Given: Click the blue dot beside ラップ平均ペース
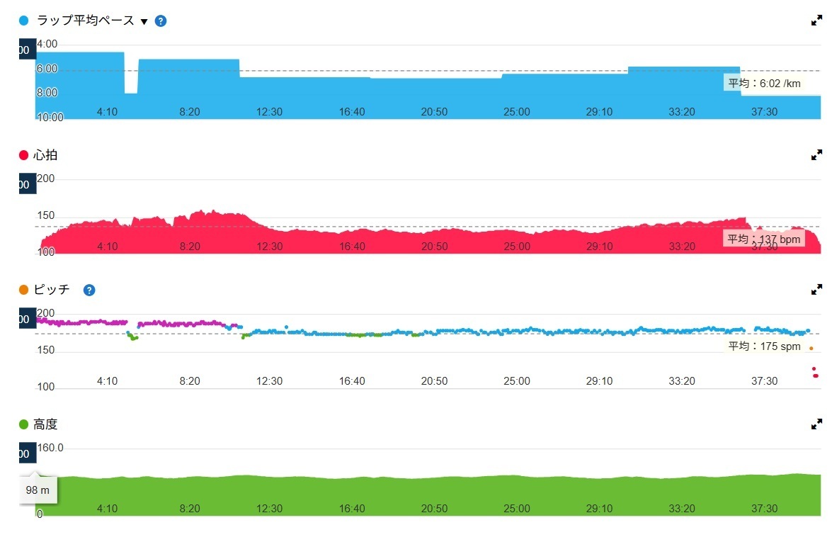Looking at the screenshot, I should pos(24,21).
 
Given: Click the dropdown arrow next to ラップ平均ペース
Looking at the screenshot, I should pos(144,21).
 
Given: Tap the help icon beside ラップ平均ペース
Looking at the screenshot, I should pos(161,21).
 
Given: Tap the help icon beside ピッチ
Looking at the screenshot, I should pos(89,290).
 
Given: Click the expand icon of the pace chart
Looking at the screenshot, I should pos(816,21).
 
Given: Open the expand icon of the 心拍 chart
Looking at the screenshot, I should pos(816,154).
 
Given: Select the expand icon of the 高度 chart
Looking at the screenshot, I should pos(816,424).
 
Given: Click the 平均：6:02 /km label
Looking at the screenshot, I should pos(765,83).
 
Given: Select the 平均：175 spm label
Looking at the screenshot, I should pos(765,346).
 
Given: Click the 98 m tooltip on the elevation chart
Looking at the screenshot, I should pos(38,490).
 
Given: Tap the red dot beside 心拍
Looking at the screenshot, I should pos(24,155).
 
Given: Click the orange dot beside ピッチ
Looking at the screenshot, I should pos(24,290).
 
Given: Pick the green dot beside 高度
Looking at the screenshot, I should pos(24,424).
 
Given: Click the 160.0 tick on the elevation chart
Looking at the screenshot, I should pos(50,448).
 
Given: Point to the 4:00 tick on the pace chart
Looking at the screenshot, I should pos(47,44).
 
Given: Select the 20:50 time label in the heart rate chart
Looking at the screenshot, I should pos(434,247).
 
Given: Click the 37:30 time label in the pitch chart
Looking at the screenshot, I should pos(764,381).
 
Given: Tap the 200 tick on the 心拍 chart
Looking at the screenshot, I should pos(45,179).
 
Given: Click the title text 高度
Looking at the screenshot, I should pos(45,424).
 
